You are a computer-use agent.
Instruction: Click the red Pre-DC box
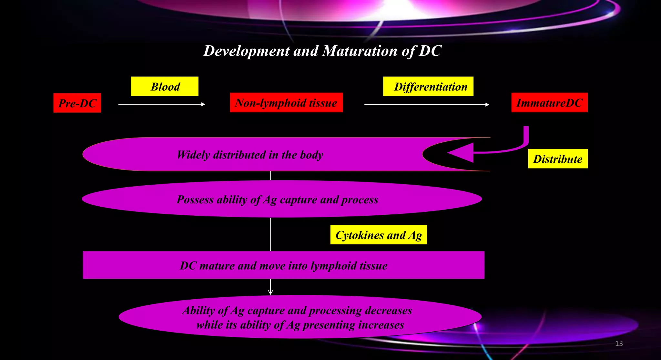[77, 103]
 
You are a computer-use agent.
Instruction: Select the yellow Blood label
[165, 87]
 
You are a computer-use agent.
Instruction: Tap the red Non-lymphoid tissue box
[286, 103]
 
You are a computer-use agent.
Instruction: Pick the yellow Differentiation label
[428, 87]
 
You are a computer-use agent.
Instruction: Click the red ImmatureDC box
[549, 103]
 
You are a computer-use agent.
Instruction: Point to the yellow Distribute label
[558, 159]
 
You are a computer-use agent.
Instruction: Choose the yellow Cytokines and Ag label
[379, 235]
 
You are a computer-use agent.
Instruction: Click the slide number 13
[619, 344]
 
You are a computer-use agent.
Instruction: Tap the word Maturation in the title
[360, 51]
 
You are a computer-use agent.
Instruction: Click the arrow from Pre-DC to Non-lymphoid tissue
[162, 104]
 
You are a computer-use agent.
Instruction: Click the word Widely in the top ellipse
[193, 155]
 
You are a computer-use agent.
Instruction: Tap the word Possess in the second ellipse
[195, 200]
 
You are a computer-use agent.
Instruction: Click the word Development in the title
[247, 51]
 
